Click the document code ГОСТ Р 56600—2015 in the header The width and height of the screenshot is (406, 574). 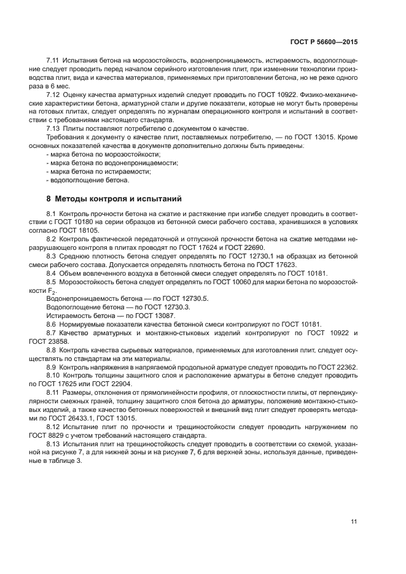pyautogui.click(x=324, y=42)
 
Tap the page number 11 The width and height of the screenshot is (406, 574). pyautogui.click(x=354, y=522)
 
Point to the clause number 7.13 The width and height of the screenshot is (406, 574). pyautogui.click(x=54, y=128)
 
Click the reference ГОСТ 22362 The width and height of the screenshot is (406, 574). pyautogui.click(x=337, y=367)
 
